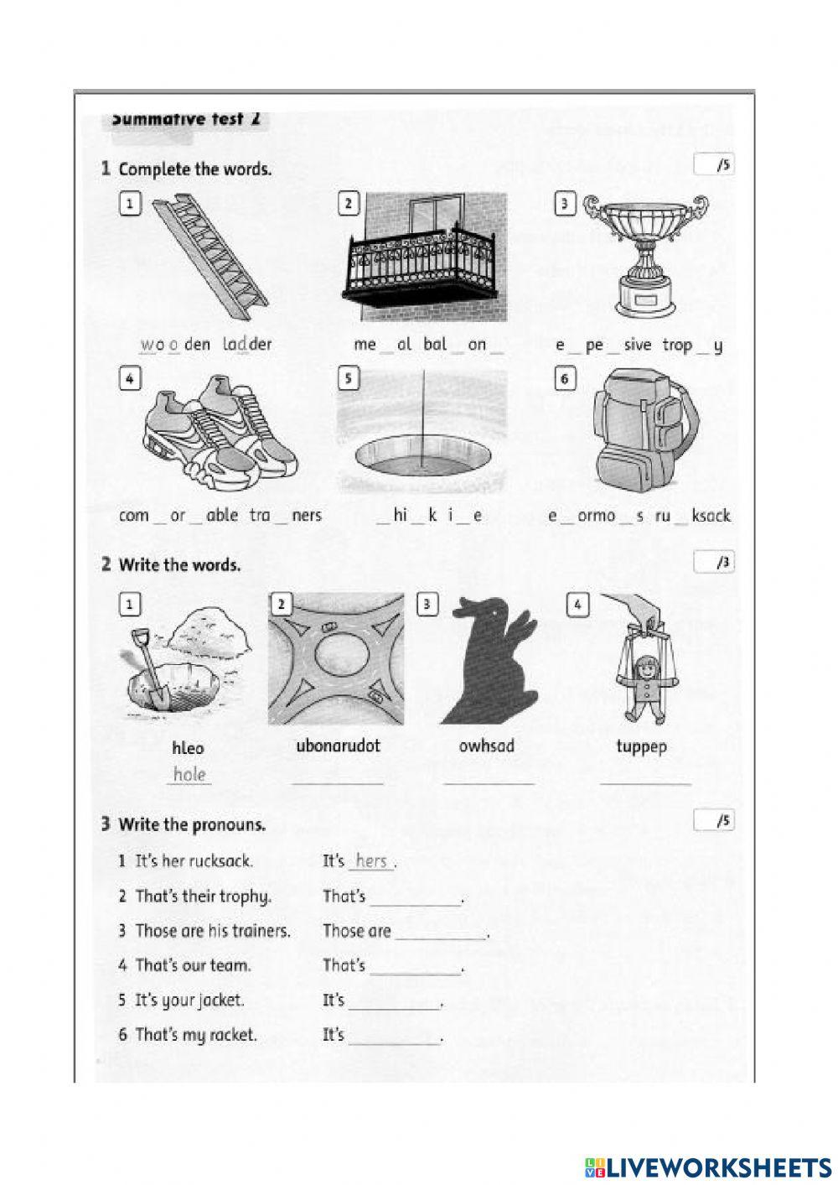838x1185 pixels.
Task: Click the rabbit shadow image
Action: click(489, 662)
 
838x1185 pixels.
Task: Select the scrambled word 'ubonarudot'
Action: click(338, 746)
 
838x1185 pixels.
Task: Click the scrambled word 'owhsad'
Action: click(487, 746)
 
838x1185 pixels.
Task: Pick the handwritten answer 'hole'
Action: click(189, 774)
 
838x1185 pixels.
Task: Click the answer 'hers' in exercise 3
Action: click(370, 860)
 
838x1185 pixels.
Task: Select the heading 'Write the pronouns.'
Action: click(192, 824)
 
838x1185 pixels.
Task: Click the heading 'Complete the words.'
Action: click(194, 169)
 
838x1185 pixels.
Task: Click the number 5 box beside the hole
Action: click(348, 379)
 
